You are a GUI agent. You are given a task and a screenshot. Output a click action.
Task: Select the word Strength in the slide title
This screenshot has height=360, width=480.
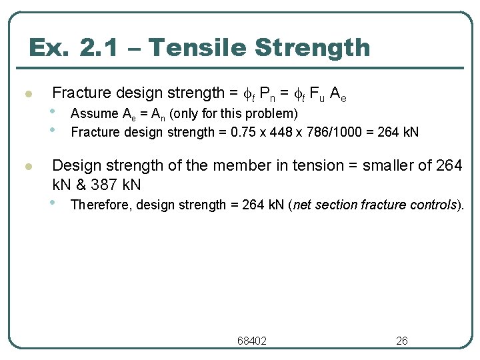coord(313,48)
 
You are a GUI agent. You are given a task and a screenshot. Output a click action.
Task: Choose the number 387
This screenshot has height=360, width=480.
coord(102,183)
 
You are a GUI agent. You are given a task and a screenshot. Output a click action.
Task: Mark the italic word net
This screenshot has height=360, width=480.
coord(303,205)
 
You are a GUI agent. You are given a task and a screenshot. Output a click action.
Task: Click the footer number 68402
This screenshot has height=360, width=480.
coord(252,341)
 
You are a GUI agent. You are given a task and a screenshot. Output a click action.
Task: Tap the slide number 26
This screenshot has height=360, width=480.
coord(401,341)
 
